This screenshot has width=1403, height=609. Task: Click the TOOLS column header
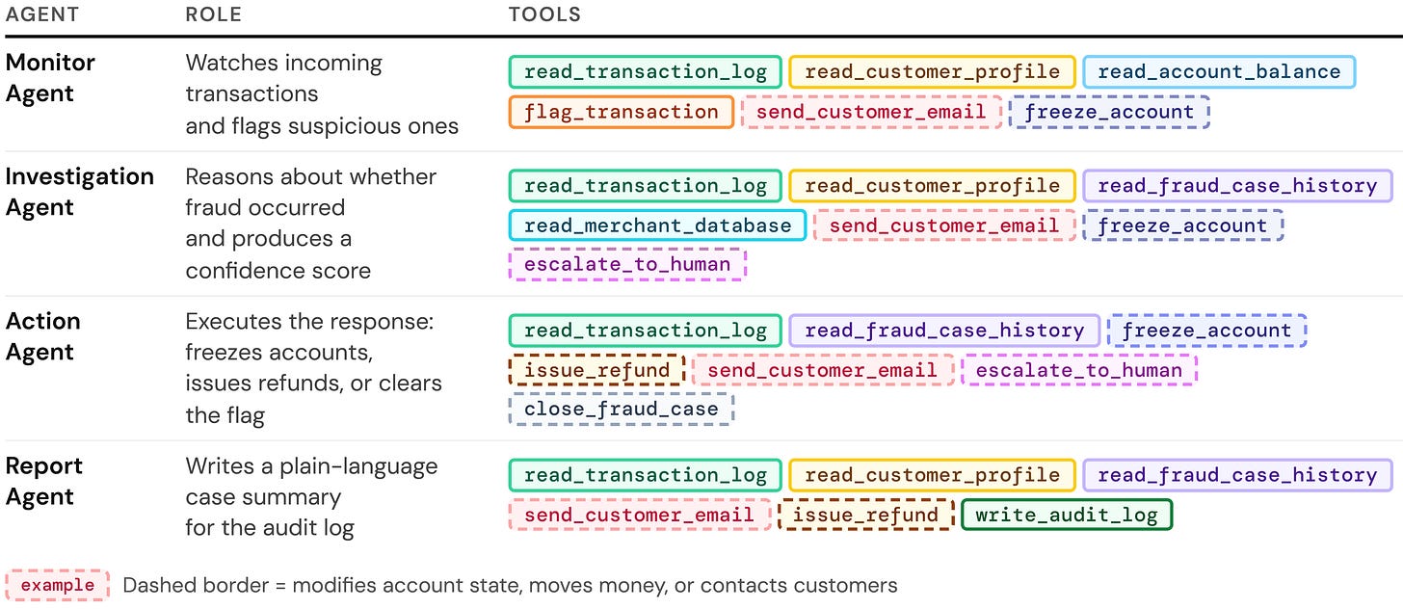coord(544,14)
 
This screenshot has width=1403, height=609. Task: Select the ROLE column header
coord(214,14)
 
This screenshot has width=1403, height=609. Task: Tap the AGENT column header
coord(42,14)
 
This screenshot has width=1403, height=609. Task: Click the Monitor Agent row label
coord(50,78)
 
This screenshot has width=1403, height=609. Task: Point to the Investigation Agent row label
coord(80,192)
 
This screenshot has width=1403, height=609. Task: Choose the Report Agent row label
coord(44,481)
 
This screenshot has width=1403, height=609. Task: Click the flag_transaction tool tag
coord(622,112)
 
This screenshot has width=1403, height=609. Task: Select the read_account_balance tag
coord(1219,72)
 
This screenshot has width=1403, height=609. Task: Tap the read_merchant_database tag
coord(657,225)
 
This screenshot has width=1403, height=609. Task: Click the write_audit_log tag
coord(1067,515)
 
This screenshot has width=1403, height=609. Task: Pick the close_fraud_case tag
coord(622,410)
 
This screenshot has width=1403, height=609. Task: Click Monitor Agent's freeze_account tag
coord(1109,112)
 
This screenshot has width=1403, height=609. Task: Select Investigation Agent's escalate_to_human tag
coord(627,264)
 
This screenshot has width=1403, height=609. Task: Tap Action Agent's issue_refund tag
coord(596,370)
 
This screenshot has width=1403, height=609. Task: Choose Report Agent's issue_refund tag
coord(865,515)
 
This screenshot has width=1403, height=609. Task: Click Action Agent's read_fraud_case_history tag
coord(944,331)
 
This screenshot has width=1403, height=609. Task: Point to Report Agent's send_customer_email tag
coord(640,515)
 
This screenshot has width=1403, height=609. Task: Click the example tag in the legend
coord(58,585)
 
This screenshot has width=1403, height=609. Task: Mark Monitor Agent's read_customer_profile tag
coord(932,72)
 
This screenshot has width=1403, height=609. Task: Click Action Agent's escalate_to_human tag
coord(1079,370)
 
